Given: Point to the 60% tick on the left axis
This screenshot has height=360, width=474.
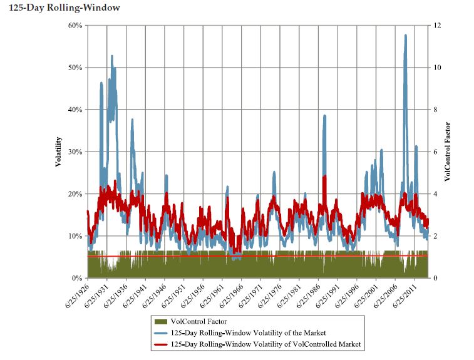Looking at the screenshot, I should [x=75, y=26].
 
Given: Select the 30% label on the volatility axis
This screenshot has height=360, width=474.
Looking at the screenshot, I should [x=75, y=152].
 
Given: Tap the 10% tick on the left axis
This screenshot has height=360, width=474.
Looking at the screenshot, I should [x=75, y=236].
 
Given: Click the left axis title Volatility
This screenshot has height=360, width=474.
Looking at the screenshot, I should [x=58, y=152].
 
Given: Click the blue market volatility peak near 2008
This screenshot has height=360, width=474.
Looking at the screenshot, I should [x=406, y=36].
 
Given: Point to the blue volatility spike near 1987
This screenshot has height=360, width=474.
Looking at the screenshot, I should [x=324, y=116].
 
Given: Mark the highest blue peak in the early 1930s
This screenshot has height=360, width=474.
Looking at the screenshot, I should [x=112, y=56].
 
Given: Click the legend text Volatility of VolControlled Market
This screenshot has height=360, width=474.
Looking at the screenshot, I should [x=266, y=344].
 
